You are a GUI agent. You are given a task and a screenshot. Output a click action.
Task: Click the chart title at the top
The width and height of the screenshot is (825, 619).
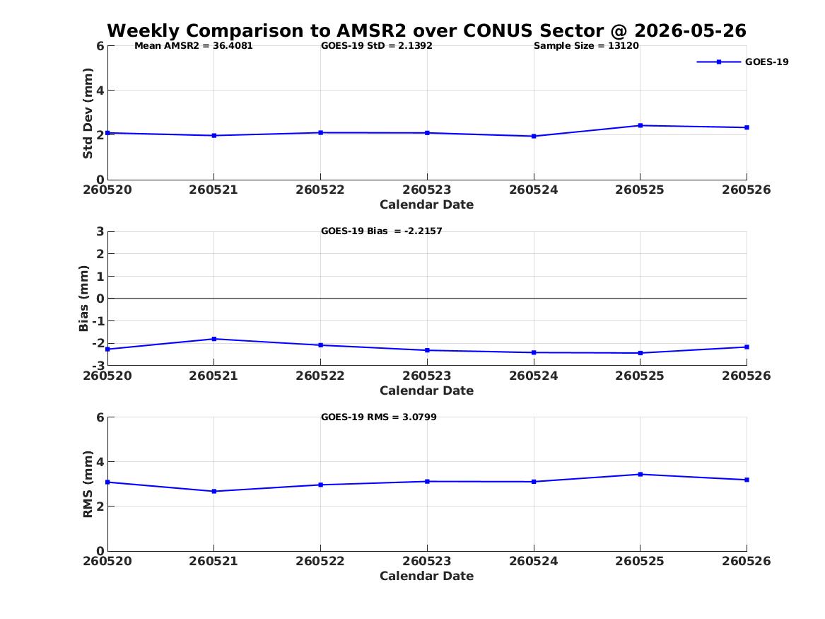point(427,30)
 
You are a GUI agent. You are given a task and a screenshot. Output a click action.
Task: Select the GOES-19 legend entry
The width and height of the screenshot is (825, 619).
point(743,62)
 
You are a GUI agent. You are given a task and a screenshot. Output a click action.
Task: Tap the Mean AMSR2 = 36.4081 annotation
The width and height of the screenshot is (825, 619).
point(194,46)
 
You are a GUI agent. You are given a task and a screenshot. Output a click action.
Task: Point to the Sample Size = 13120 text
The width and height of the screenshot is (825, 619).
point(586,46)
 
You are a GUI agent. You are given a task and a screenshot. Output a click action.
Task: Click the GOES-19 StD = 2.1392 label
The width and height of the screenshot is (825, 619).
point(377,46)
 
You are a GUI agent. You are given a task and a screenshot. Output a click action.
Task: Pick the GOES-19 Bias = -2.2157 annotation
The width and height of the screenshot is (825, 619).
point(382,231)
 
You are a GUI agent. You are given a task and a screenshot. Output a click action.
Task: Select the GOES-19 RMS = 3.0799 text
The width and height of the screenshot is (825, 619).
point(379,417)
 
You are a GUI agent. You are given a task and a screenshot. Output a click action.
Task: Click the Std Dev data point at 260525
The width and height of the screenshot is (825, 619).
point(640,125)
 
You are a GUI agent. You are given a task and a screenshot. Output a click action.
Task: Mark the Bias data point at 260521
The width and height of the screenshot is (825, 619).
point(214,339)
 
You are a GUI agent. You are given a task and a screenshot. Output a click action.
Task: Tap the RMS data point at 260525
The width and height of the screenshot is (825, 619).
point(640,474)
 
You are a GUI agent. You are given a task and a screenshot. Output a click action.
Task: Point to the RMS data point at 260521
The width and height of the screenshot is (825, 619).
point(214,491)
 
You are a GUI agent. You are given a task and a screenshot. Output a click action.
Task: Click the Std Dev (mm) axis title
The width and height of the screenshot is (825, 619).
point(88,112)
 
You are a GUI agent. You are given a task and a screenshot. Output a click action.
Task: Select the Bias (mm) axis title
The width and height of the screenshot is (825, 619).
point(83,299)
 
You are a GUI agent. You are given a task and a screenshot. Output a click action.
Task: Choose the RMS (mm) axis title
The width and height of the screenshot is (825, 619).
point(88,485)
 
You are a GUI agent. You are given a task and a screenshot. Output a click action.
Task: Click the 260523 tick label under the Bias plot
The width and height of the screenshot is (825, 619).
point(427,376)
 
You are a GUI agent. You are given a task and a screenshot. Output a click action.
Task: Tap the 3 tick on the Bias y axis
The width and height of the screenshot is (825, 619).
point(100,231)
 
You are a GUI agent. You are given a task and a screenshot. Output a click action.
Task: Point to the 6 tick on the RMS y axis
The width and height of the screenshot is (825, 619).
point(100,417)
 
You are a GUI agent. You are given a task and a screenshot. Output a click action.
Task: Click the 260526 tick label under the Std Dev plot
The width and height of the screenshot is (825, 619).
point(746,190)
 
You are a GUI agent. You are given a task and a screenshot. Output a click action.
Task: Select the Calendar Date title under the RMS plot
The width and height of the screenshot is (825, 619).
point(427,576)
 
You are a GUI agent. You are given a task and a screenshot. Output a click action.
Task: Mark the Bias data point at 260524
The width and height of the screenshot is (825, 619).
point(534,353)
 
